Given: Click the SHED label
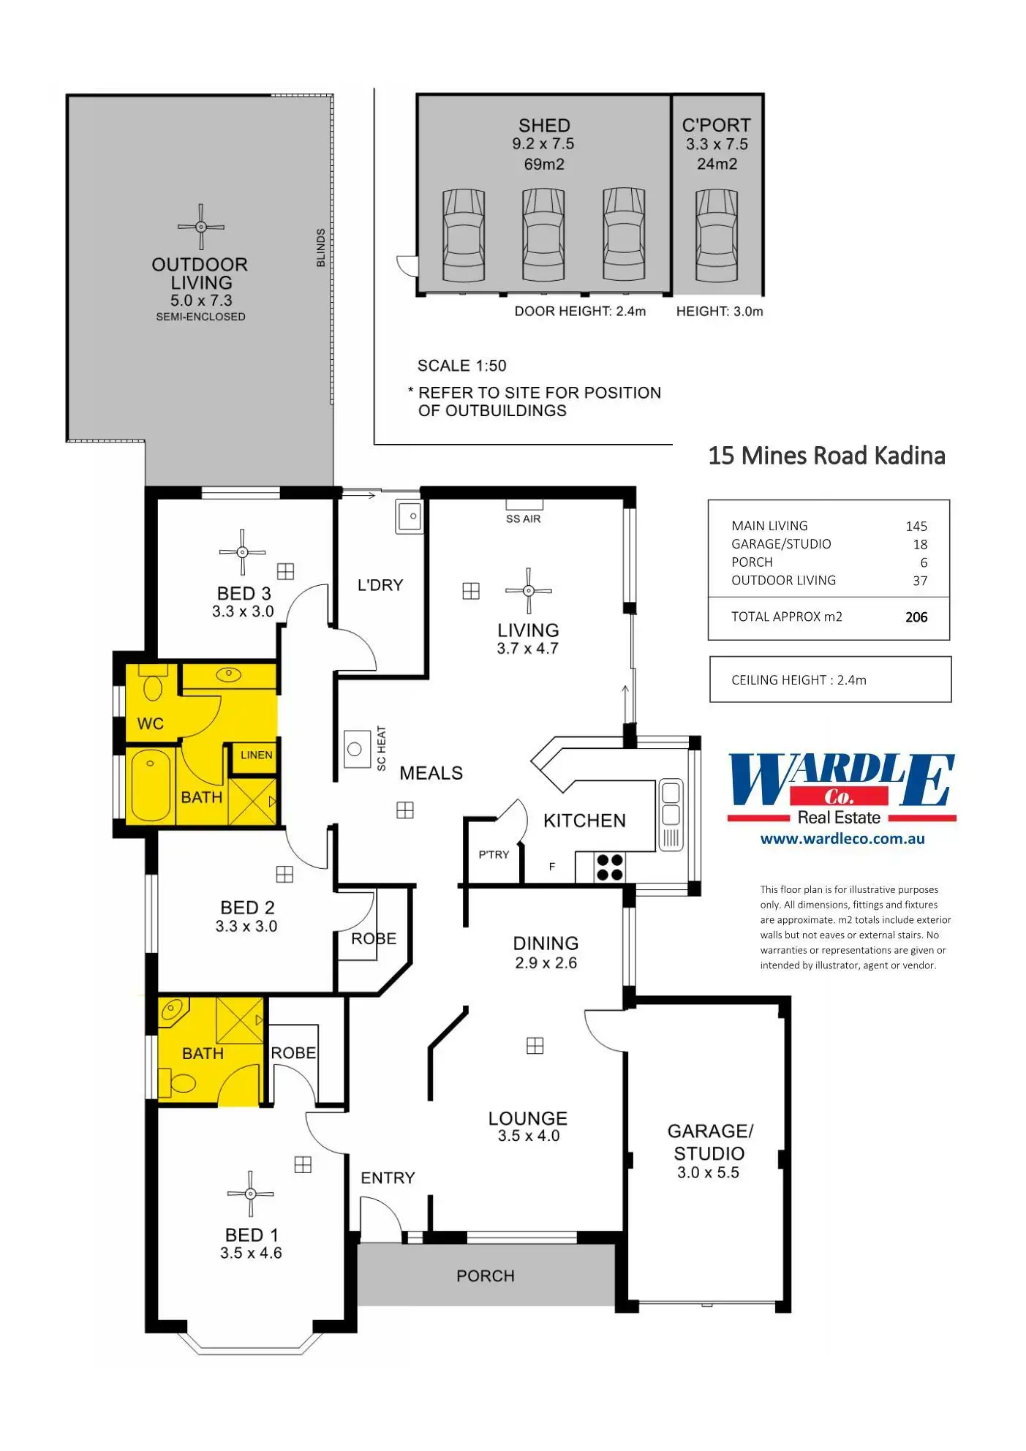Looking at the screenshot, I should point(543,125).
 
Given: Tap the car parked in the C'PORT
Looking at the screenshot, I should point(716,235).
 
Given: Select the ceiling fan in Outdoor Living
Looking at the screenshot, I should point(201,227).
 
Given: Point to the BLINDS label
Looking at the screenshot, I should point(320,247).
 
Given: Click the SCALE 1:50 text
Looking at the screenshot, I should point(461,366).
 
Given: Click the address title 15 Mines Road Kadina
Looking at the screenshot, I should point(826,456).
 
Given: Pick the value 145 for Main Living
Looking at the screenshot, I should point(916,527).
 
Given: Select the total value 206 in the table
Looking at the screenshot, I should point(916,617).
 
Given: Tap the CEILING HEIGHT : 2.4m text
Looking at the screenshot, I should point(799,680).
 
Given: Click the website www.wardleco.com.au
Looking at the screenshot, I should point(842,839).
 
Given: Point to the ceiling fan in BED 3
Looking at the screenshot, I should point(242,552).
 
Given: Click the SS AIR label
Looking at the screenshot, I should point(524,519).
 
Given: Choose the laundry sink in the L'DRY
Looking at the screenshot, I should point(410,516).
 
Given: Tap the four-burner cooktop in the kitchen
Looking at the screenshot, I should point(610,867).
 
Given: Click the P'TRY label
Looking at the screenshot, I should point(494,854).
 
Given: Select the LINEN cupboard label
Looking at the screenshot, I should point(256,755).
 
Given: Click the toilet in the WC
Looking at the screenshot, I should point(153,687).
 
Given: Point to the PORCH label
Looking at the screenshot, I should point(486,1276).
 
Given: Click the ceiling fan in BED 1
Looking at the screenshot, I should point(250,1194).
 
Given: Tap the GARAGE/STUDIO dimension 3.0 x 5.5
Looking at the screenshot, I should point(708,1172).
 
